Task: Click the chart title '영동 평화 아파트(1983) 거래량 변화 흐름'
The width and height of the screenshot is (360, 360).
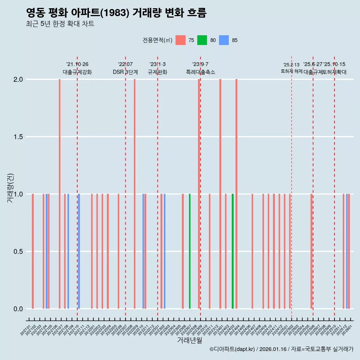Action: point(116,13)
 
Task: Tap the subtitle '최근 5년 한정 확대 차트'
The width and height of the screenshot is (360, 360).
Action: point(60,24)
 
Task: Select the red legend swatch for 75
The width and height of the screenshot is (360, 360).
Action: point(180,40)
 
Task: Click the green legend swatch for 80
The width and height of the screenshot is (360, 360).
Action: point(202,40)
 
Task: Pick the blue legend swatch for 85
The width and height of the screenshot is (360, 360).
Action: point(224,40)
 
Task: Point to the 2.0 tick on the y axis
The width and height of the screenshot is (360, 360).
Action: point(18,79)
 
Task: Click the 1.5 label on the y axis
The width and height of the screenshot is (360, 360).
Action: point(18,137)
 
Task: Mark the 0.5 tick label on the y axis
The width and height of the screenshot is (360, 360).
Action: point(18,252)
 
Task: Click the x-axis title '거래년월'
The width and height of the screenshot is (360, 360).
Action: point(189,340)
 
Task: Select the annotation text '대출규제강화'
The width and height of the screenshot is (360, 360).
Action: point(77,72)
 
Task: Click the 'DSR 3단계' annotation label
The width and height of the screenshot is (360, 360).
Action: point(125,72)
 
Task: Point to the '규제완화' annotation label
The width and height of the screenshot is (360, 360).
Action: point(157,72)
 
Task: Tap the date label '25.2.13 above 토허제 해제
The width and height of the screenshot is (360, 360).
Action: point(291,65)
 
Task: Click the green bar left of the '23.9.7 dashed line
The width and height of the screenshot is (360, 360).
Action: point(190,251)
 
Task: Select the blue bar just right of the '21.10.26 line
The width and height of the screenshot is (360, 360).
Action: point(79,251)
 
